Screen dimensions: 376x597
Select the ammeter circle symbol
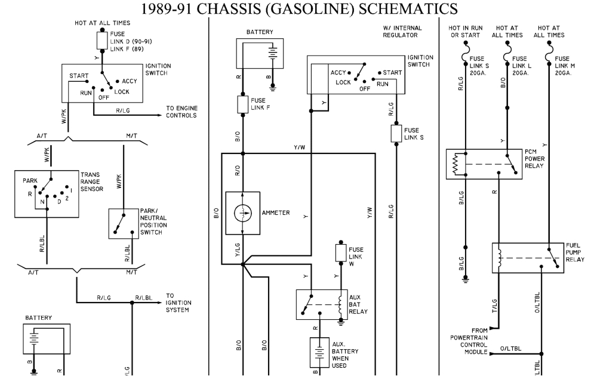(242, 213)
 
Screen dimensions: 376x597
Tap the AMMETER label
(275, 213)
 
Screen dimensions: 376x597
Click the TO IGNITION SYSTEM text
(178, 303)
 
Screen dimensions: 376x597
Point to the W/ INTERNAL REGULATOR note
(402, 32)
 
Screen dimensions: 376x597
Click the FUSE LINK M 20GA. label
(563, 66)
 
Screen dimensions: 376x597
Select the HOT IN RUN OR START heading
(465, 32)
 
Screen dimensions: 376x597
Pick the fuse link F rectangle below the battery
(242, 104)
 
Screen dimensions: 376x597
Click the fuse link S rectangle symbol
(395, 134)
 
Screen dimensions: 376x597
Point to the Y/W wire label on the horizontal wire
(299, 147)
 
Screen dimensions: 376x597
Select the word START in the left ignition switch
(79, 76)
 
